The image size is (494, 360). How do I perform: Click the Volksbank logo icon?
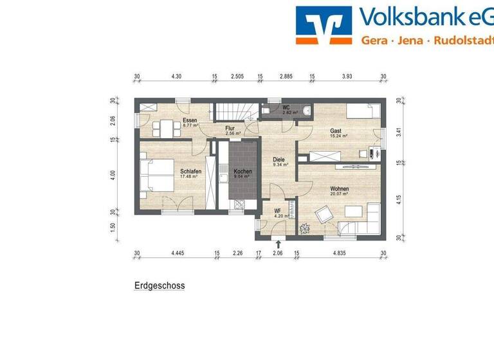click(x=324, y=25)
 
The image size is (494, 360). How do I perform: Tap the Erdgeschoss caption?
click(x=159, y=285)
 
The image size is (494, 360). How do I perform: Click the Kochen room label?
click(x=242, y=172)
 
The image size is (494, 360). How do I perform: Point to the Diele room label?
click(x=279, y=159)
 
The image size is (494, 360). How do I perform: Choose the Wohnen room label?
click(x=339, y=189)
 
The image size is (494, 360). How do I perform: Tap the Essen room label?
click(x=190, y=121)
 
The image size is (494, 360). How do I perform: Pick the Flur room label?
click(x=230, y=129)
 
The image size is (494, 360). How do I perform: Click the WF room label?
click(x=278, y=210)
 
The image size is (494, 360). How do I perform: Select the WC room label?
click(x=287, y=107)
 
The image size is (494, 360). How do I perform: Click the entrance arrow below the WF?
click(x=278, y=244)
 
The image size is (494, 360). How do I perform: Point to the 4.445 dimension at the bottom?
click(x=178, y=253)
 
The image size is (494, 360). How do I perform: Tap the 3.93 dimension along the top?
click(x=347, y=76)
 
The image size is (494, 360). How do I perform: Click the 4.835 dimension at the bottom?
click(x=340, y=253)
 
